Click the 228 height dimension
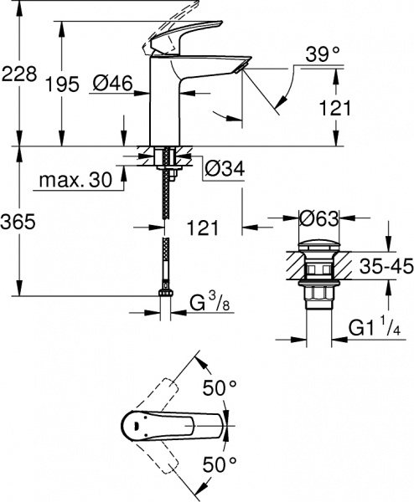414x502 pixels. (18, 74)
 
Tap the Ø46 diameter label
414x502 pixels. (110, 84)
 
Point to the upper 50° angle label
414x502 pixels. (221, 387)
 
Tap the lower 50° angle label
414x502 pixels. (221, 462)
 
